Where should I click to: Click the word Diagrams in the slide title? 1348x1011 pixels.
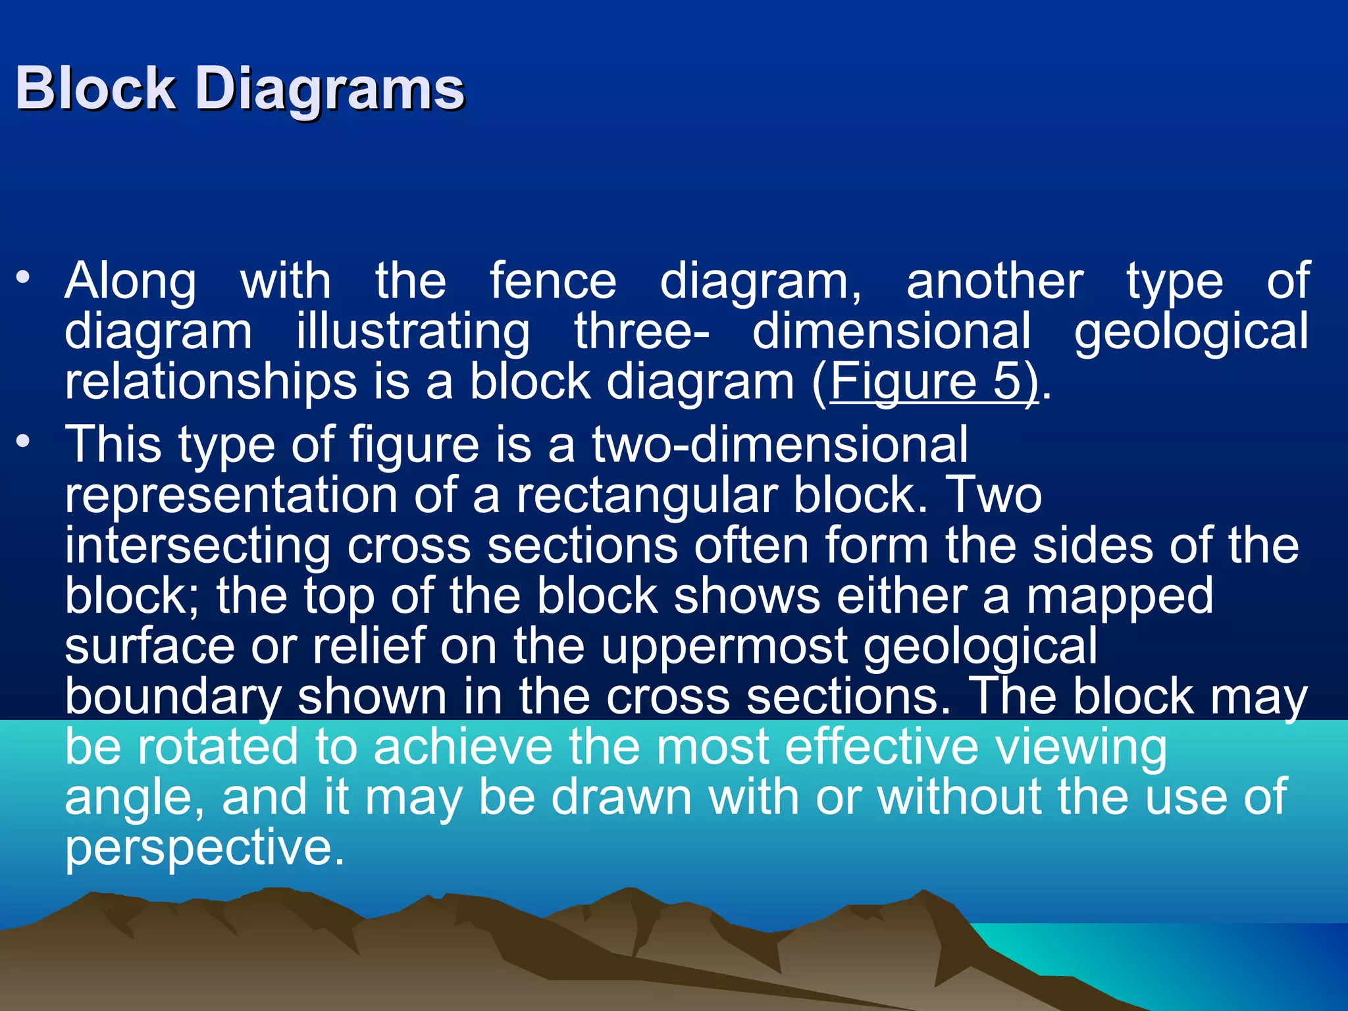coord(330,90)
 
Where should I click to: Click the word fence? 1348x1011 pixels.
coord(552,281)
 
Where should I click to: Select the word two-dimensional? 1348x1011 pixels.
coord(780,444)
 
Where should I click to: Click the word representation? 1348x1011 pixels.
coord(231,495)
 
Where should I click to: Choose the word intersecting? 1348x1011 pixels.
coord(197,546)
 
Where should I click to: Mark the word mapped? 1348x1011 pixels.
coord(1120,596)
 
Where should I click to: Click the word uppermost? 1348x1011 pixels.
coord(724,646)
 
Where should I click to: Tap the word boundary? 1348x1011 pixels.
coord(173,697)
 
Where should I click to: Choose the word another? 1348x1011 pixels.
coord(995,281)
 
